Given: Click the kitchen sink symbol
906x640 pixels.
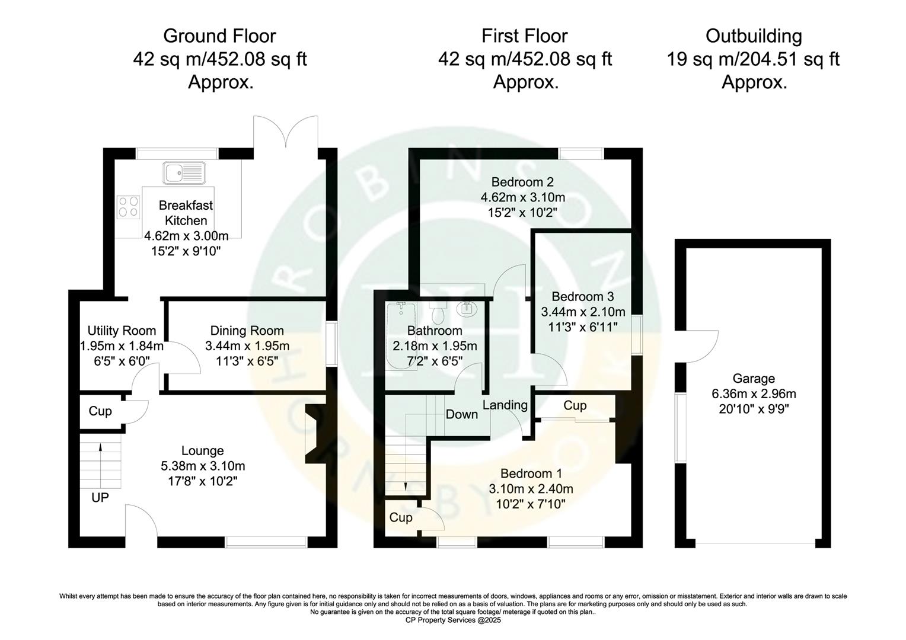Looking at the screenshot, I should (x=184, y=172).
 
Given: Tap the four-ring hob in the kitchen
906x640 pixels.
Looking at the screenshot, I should (x=128, y=206).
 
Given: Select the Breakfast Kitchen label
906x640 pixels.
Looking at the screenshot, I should (x=186, y=213).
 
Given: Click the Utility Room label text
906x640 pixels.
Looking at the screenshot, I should (x=122, y=331).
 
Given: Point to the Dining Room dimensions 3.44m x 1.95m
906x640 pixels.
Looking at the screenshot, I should (x=247, y=345).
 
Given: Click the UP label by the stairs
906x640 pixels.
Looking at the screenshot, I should (x=100, y=497).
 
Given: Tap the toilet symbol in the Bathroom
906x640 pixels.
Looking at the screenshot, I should (x=439, y=312).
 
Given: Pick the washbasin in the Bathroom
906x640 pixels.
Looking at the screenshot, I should (x=467, y=309).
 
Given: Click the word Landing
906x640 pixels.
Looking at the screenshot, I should (x=505, y=405).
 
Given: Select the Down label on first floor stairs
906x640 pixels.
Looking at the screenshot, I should (x=461, y=414).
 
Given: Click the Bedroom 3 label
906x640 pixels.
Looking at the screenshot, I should (x=582, y=296).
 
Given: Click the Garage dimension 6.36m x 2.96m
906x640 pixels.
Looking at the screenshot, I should (x=754, y=393).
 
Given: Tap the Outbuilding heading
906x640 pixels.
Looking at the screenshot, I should (x=753, y=36).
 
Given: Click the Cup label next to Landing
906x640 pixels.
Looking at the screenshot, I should (x=575, y=405).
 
